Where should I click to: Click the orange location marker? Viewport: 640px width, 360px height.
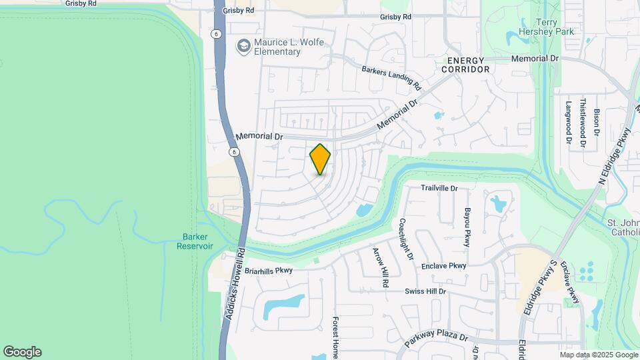tap(320, 159)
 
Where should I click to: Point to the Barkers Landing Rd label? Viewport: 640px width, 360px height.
tap(391, 77)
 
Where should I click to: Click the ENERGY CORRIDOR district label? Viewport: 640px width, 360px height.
tap(465, 65)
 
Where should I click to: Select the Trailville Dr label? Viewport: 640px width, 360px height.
tap(439, 188)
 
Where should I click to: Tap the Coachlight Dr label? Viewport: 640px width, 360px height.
tap(406, 239)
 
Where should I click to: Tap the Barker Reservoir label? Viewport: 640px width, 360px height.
tap(195, 241)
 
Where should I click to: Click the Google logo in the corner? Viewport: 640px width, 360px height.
tap(22, 352)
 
